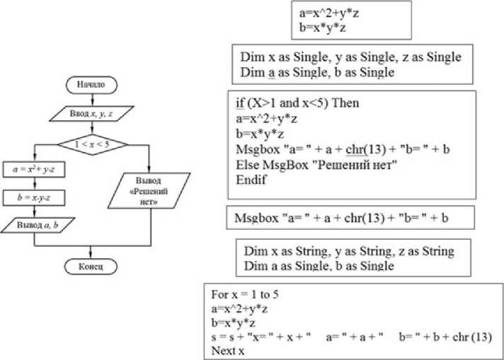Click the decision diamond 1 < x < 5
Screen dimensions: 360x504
click(92, 144)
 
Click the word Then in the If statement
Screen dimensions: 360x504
click(345, 103)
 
